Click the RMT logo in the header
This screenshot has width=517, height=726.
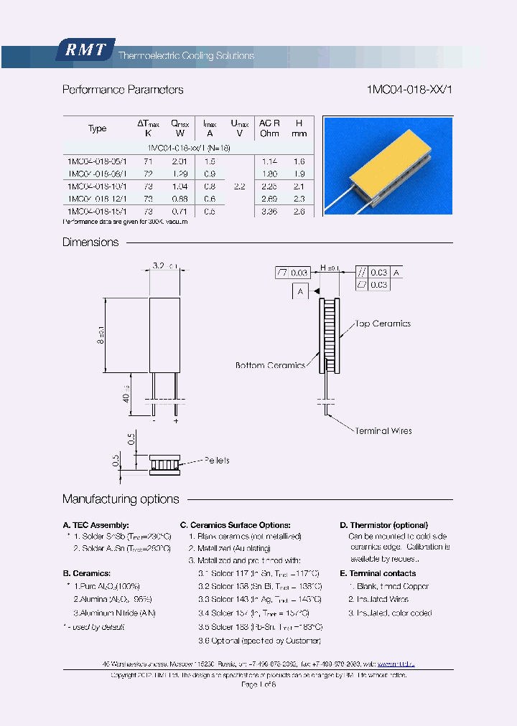point(85,49)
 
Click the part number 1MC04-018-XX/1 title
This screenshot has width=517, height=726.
point(409,90)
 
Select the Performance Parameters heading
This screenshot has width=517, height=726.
point(123,90)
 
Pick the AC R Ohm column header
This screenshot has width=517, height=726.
point(269,128)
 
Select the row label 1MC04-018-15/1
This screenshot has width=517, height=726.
point(97,211)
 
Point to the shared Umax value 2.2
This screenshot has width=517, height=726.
point(239,187)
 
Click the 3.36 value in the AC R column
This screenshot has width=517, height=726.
point(269,211)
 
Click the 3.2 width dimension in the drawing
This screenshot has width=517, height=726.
point(162,265)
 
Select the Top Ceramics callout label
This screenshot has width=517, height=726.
point(383,324)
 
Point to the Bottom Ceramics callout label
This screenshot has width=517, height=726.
point(271,365)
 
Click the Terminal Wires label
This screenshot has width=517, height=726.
point(383,430)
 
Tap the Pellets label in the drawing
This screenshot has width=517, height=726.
point(217,460)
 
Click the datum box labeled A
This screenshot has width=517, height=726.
point(301,291)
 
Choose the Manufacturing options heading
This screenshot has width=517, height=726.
point(121,499)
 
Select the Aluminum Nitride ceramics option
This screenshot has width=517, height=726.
point(115,613)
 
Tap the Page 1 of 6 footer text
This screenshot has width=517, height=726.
point(258,685)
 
